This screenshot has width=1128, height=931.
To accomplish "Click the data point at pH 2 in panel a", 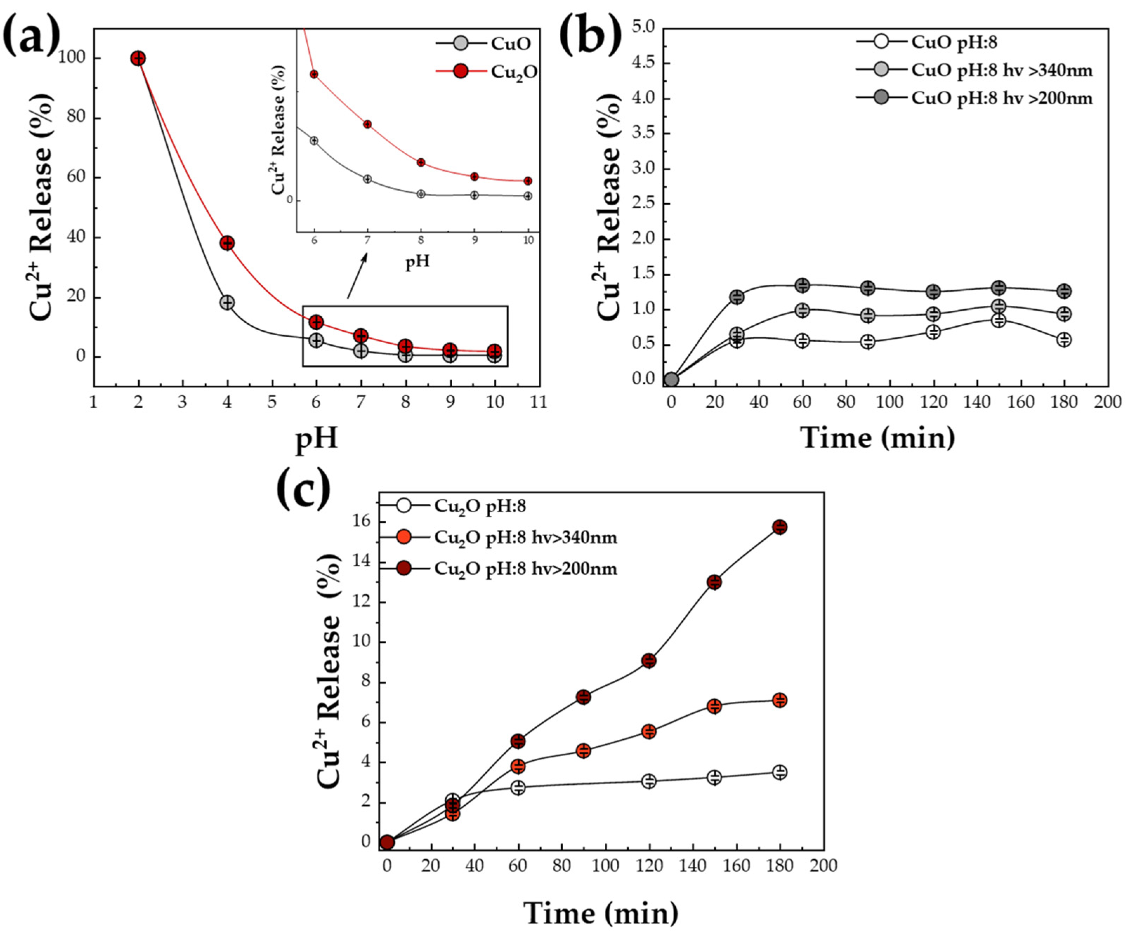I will (138, 58).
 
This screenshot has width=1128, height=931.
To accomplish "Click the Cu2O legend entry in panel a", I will (485, 71).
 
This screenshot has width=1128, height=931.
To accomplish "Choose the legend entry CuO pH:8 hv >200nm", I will (973, 99).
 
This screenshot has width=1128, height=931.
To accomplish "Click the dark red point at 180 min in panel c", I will (779, 527).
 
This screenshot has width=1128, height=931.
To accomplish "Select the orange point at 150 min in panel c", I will (714, 706).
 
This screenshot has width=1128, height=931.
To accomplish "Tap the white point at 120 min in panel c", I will (649, 780).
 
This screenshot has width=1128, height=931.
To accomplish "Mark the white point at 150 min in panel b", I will (998, 320).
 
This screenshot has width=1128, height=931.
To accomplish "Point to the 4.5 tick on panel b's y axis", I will (644, 63).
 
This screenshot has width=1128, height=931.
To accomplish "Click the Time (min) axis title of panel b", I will (878, 438).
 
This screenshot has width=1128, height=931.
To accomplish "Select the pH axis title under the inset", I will (417, 262).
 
